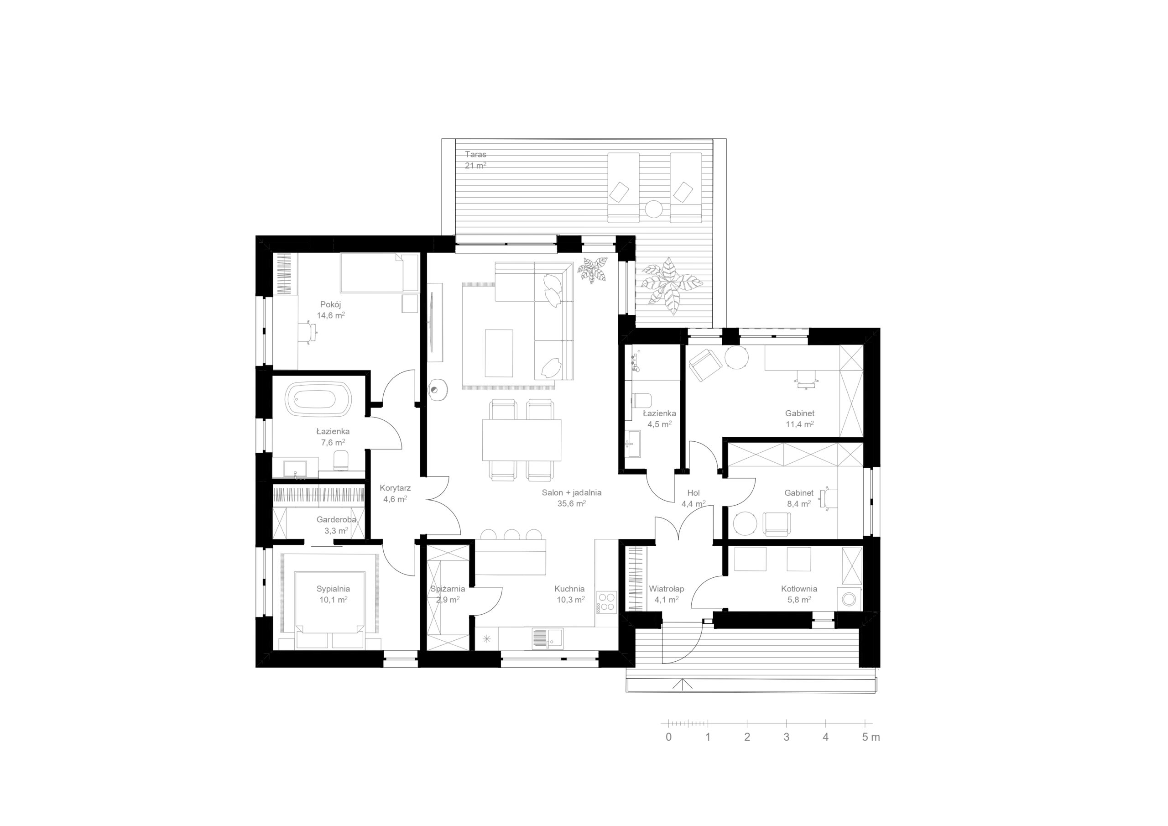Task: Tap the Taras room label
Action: tap(476, 154)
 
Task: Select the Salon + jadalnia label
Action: tap(571, 493)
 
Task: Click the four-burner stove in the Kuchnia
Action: tap(606, 602)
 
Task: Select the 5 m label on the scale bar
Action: tap(871, 737)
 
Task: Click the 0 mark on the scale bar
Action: tap(668, 737)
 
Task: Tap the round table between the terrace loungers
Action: tap(654, 209)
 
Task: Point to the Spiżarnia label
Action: tap(448, 589)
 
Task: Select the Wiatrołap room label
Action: tap(667, 589)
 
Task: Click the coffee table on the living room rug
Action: tap(499, 353)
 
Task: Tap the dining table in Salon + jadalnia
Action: tap(521, 440)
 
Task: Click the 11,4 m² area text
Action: tap(800, 424)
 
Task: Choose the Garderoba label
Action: tap(336, 520)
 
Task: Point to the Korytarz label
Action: tap(395, 488)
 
